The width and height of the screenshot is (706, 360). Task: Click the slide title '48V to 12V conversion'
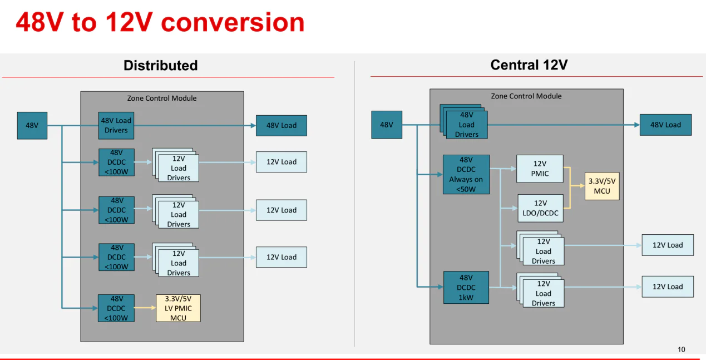tap(160, 22)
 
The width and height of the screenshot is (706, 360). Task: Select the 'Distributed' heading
tap(160, 65)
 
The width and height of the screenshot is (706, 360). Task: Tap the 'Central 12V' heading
tap(529, 65)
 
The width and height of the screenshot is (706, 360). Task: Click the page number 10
tap(682, 349)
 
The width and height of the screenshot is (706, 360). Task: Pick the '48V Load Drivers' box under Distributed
tap(116, 125)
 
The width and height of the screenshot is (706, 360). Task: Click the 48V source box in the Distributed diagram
tap(32, 125)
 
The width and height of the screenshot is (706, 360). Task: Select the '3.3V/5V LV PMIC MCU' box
tap(178, 308)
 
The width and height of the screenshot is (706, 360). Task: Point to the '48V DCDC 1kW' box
tap(466, 287)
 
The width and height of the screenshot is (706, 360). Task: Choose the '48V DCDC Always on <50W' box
tap(466, 174)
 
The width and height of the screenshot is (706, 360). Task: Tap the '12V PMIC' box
tap(540, 169)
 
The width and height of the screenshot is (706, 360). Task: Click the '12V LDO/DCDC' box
tap(540, 208)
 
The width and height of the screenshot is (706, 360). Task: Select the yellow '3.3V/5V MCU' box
tap(602, 186)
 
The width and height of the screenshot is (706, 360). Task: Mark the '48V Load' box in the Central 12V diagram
tap(665, 125)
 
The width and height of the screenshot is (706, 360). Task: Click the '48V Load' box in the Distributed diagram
tap(281, 125)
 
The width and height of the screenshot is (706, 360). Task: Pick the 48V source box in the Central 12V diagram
tap(387, 125)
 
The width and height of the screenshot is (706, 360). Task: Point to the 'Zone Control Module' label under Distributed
tap(162, 98)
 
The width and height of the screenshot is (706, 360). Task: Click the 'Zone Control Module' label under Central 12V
tap(526, 96)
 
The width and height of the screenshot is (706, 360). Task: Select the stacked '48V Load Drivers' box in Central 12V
tap(466, 125)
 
